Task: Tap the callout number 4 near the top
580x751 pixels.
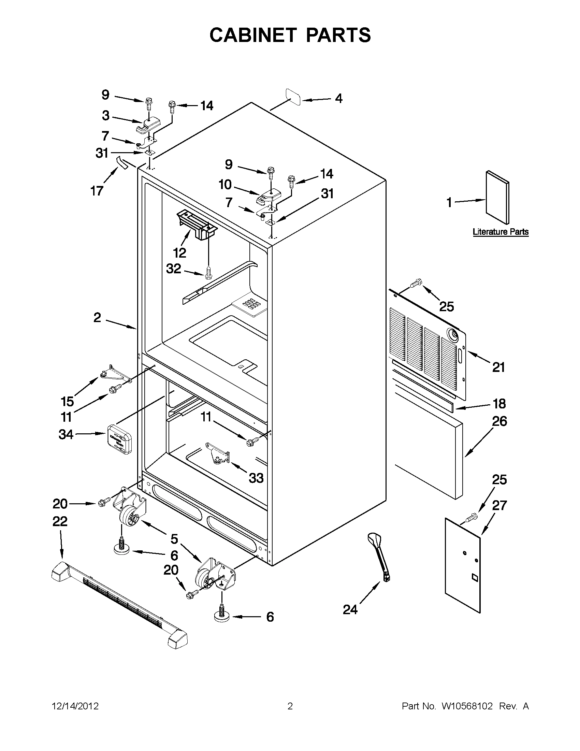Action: click(339, 99)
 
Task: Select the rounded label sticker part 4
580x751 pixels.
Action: click(293, 97)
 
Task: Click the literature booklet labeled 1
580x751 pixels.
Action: click(497, 197)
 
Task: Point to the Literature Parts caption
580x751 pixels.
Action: click(500, 232)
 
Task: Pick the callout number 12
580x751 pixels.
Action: click(179, 253)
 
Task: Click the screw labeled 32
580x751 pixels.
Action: click(208, 273)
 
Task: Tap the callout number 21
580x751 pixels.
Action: click(498, 367)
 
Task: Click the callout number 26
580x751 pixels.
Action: click(499, 421)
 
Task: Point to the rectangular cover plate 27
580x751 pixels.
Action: click(462, 564)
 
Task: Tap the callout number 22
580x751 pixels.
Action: click(60, 522)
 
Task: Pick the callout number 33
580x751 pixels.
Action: click(256, 478)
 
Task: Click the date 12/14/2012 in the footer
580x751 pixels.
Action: click(75, 706)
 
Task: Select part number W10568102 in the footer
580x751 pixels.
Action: click(467, 706)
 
